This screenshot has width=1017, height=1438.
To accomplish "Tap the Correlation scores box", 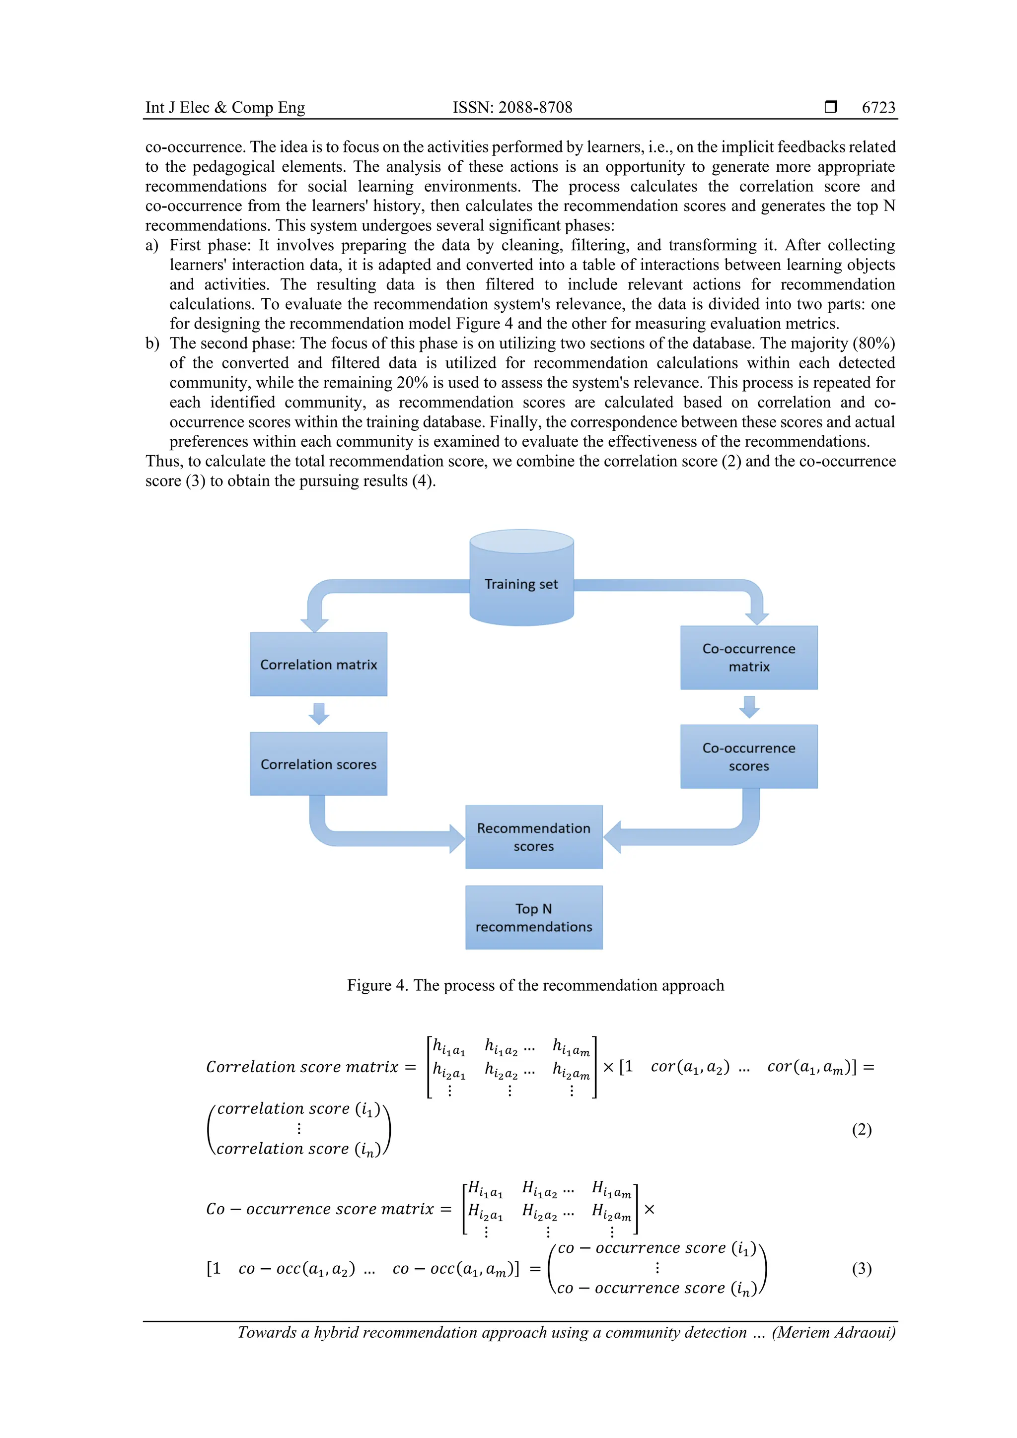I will (x=318, y=763).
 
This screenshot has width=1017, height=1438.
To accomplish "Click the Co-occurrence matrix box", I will (x=748, y=658).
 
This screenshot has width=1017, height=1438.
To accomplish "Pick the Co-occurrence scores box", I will (x=748, y=756).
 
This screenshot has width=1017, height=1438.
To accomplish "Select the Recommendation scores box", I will (x=533, y=837).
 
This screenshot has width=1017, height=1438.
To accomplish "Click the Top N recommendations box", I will (x=533, y=917).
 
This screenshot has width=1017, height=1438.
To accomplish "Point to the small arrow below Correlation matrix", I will (x=319, y=713).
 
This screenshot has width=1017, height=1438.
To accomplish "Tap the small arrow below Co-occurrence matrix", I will (x=749, y=706).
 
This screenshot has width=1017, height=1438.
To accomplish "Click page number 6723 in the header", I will (x=878, y=108).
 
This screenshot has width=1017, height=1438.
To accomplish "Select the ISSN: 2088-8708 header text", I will (x=512, y=108).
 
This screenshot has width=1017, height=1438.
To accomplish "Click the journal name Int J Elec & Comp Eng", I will (x=225, y=108).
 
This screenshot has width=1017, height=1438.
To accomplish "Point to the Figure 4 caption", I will (x=535, y=985).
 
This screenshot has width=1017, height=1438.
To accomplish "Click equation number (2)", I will (x=861, y=1129).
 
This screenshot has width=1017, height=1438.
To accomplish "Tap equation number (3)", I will (x=861, y=1268).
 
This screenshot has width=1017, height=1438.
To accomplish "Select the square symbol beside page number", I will (x=830, y=107).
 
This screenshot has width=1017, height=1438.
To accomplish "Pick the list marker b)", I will (x=152, y=343).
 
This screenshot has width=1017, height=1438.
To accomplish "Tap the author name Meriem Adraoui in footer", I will (x=833, y=1332).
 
